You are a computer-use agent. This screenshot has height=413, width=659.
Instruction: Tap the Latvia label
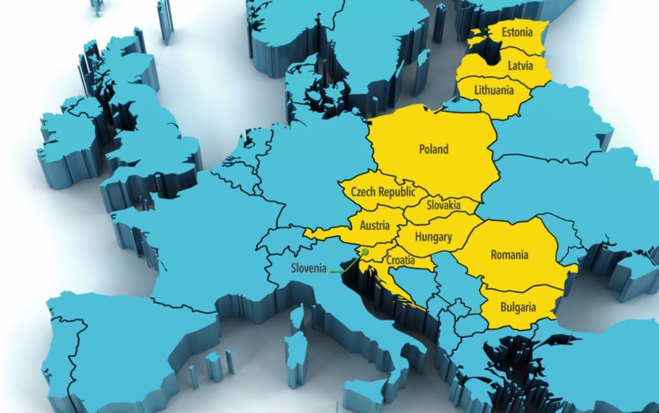click(x=520, y=66)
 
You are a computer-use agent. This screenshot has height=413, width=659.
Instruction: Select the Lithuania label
click(x=494, y=90)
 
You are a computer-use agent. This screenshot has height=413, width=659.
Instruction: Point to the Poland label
click(x=434, y=149)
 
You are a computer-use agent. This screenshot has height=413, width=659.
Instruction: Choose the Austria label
click(x=375, y=226)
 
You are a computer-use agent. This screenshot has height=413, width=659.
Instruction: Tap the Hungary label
click(x=433, y=237)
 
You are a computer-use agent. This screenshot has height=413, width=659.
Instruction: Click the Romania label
click(x=509, y=255)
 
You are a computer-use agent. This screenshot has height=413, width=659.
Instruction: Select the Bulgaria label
click(x=517, y=307)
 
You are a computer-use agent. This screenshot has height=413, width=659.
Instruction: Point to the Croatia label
click(x=401, y=260)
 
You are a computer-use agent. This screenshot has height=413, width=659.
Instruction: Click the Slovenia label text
click(x=310, y=268)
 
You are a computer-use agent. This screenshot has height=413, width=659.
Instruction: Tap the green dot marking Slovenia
click(x=365, y=252)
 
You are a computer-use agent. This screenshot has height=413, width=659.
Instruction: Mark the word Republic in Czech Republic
click(x=394, y=191)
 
